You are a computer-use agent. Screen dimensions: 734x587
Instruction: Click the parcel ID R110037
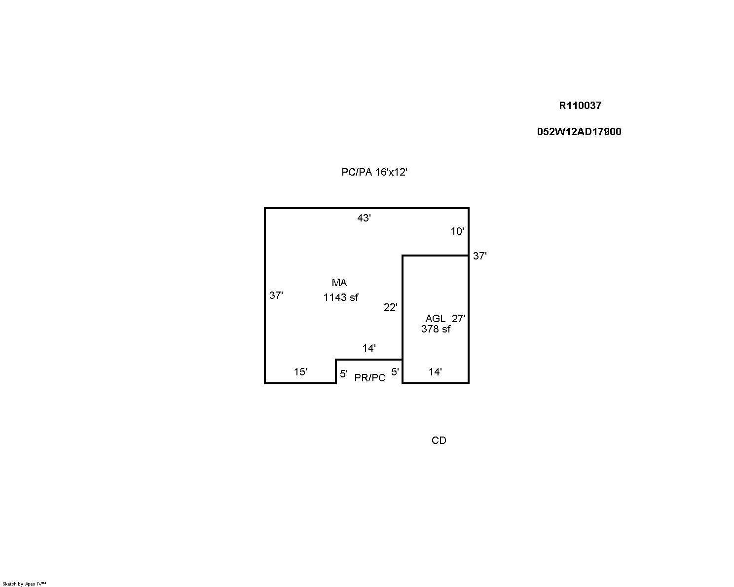pyautogui.click(x=580, y=106)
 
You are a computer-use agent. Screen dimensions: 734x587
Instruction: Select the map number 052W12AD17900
pyautogui.click(x=579, y=132)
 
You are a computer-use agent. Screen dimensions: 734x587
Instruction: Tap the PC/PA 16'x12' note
pyautogui.click(x=374, y=172)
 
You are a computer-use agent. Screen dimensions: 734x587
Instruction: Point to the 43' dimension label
pyautogui.click(x=364, y=218)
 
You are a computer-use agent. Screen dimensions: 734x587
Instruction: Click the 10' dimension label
pyautogui.click(x=457, y=231)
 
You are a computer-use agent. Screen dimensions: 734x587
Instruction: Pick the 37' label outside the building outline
pyautogui.click(x=479, y=256)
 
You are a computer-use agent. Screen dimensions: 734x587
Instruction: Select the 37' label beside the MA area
pyautogui.click(x=276, y=295)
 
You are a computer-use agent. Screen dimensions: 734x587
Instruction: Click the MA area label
pyautogui.click(x=339, y=283)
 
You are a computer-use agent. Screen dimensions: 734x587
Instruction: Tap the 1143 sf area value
pyautogui.click(x=341, y=297)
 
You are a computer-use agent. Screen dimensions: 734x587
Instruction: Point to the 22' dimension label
pyautogui.click(x=391, y=307)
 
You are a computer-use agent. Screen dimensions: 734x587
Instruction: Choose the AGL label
pyautogui.click(x=435, y=319)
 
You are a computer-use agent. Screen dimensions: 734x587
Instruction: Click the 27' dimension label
pyautogui.click(x=458, y=319)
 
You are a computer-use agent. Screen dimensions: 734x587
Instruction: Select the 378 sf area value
pyautogui.click(x=436, y=329)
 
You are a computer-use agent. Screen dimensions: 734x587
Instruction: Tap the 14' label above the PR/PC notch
pyautogui.click(x=369, y=348)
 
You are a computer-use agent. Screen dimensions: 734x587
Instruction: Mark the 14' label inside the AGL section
pyautogui.click(x=435, y=372)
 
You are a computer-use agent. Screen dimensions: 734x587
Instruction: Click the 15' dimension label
pyautogui.click(x=300, y=372)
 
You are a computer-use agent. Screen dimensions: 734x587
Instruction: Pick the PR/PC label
pyautogui.click(x=370, y=377)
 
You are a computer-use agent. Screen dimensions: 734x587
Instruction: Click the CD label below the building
pyautogui.click(x=439, y=440)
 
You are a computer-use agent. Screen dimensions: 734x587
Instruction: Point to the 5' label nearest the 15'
pyautogui.click(x=343, y=374)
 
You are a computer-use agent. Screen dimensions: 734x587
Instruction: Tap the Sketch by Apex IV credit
pyautogui.click(x=24, y=584)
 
